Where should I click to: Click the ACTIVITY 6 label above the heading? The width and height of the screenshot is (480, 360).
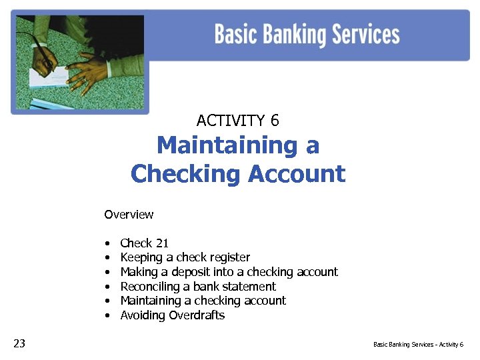(238, 121)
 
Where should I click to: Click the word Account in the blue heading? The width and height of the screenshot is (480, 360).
(296, 174)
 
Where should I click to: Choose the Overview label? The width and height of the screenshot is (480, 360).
(129, 215)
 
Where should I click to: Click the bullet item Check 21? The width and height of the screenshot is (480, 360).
(144, 243)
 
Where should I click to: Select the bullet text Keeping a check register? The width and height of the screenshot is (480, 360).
(185, 257)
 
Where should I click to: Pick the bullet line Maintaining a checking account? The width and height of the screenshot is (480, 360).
(203, 301)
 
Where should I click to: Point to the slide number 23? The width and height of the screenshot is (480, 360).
(19, 343)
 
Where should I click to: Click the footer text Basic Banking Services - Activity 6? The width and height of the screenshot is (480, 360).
(418, 345)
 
